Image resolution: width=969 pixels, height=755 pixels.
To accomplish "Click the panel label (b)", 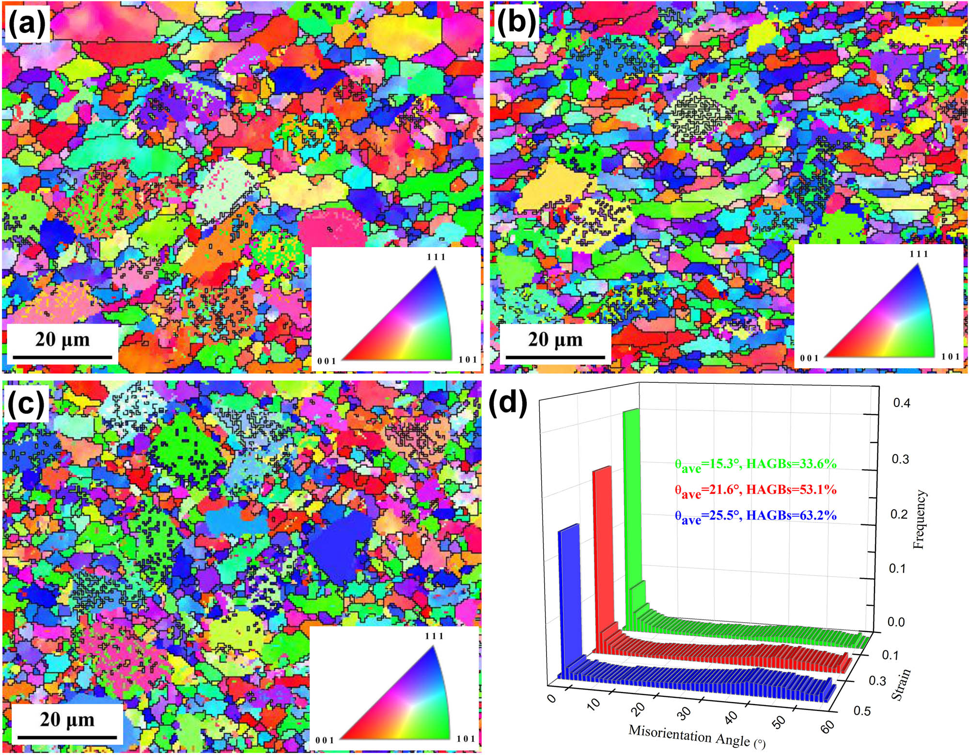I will (x=516, y=22).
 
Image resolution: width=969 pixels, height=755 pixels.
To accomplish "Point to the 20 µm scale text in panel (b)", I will (x=555, y=339).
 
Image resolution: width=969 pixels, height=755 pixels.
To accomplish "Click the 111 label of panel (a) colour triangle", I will (x=436, y=257).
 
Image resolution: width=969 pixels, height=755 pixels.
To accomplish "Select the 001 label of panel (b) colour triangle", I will (x=809, y=358).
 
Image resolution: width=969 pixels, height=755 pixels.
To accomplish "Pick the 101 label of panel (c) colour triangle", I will (x=466, y=739).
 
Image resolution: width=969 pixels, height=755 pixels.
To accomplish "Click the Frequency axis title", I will (x=919, y=519).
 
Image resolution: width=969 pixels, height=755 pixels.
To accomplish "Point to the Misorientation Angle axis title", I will (x=696, y=736).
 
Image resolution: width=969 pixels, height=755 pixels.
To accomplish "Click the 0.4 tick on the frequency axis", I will (x=901, y=403).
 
